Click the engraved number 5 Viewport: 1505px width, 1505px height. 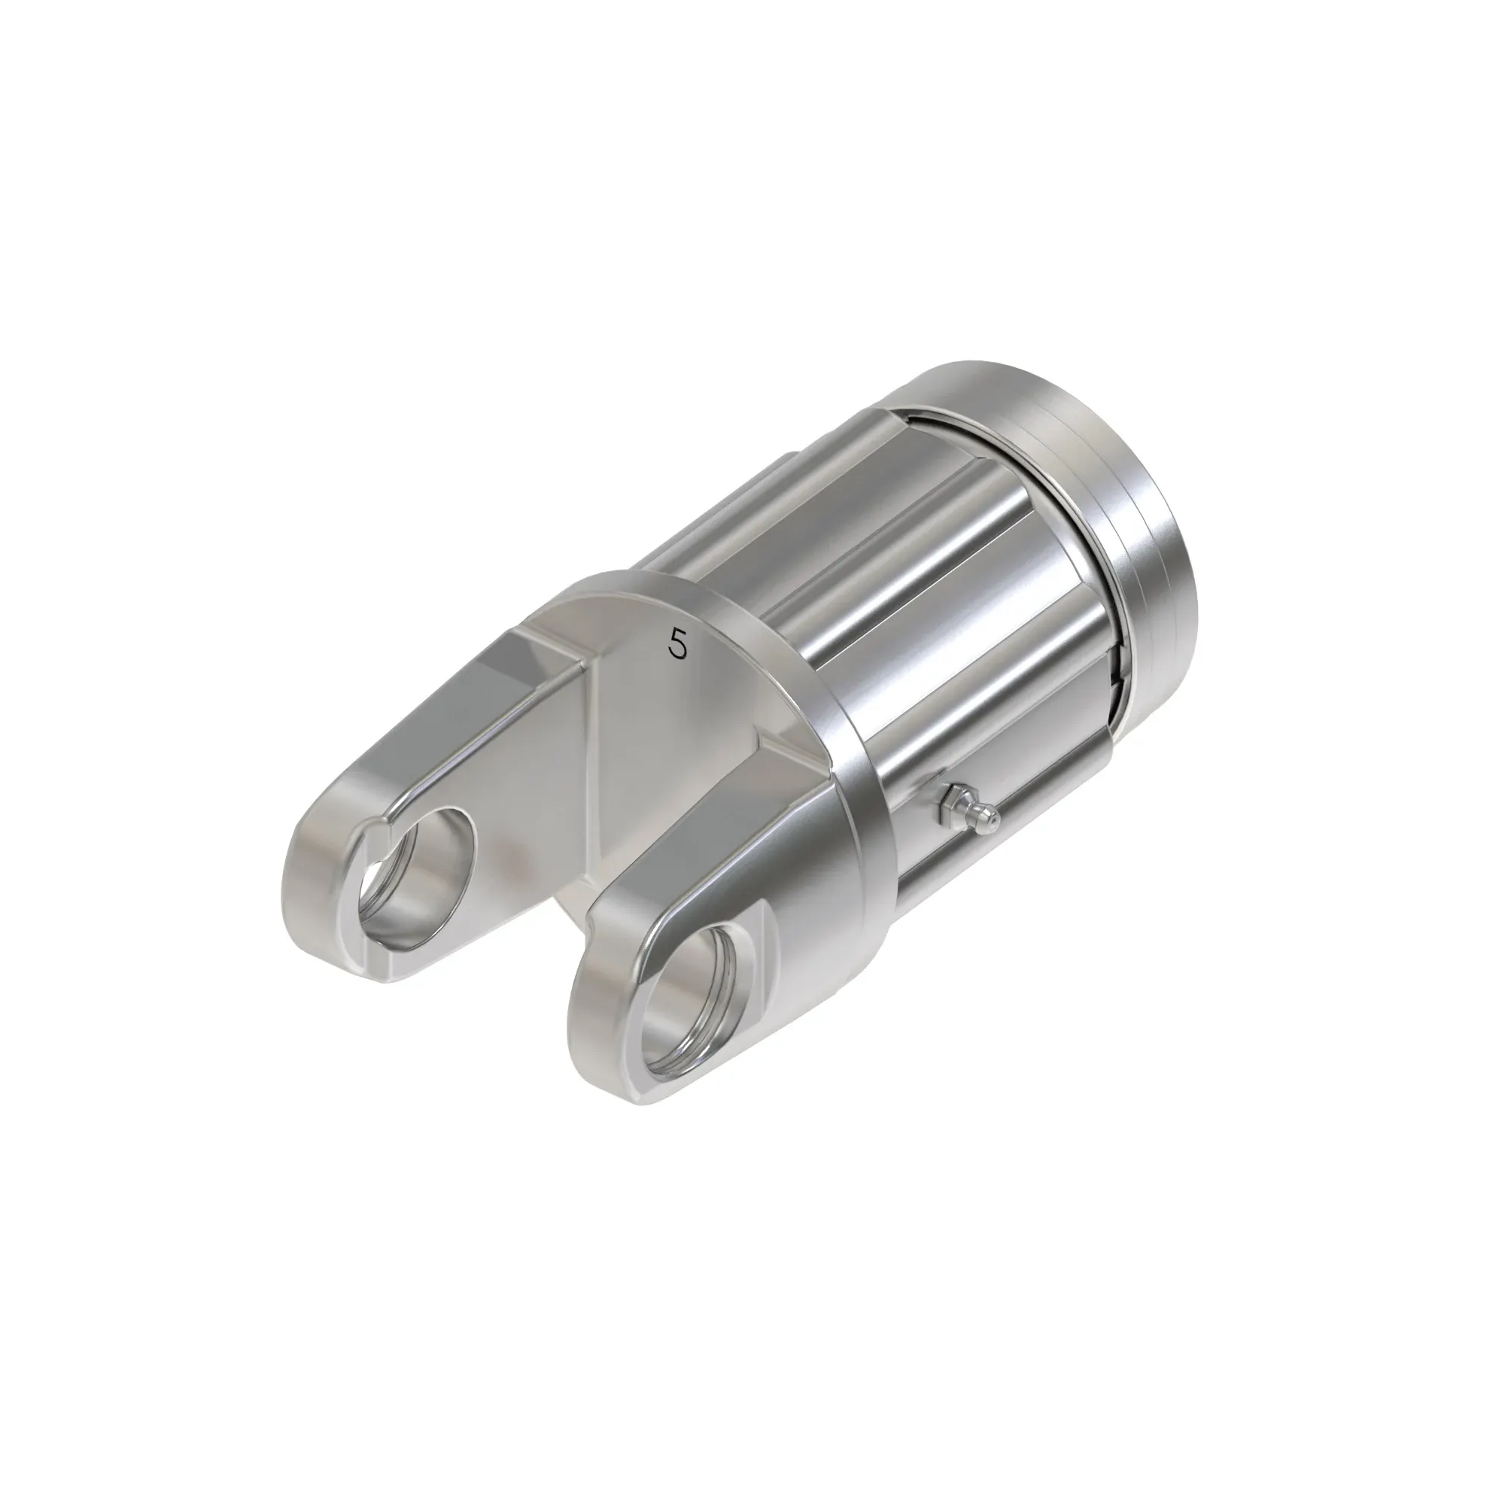tap(679, 644)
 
